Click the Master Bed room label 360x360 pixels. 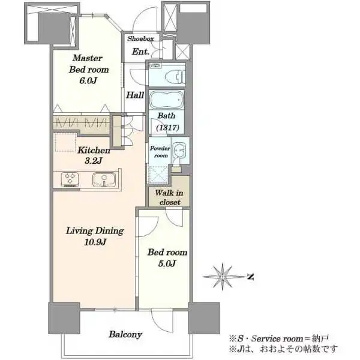point(89,64)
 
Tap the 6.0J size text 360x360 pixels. point(88,80)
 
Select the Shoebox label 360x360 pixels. point(140,38)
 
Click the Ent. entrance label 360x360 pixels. point(140,52)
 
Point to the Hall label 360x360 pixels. point(135,95)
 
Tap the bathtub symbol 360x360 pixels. point(167,100)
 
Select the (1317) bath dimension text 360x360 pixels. point(167,127)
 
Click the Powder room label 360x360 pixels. point(160,152)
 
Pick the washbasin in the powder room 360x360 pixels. point(179,151)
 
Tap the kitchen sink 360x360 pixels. point(104,179)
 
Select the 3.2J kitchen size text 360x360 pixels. point(93,161)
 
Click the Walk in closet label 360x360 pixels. point(169,197)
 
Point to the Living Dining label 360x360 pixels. point(95,231)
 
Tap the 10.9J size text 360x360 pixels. point(95,242)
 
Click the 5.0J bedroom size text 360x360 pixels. point(167,263)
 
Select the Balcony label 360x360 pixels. point(125,335)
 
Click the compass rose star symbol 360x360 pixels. point(223,277)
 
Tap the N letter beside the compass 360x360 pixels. point(251,277)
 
